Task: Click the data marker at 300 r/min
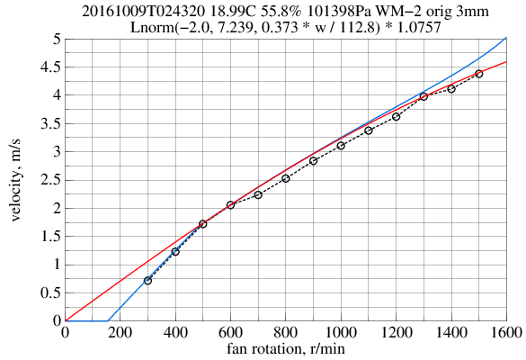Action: tap(147, 281)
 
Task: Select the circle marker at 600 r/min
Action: tap(230, 205)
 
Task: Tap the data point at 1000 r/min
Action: tap(341, 146)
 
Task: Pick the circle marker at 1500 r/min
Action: tap(478, 74)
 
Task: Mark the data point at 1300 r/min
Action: tap(423, 96)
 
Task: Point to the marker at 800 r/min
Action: tap(286, 178)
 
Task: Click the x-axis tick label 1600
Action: tap(506, 333)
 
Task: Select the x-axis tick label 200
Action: tap(120, 333)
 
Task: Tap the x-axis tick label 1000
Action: tap(341, 333)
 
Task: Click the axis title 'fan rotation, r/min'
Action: tap(286, 348)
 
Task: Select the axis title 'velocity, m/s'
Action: tap(17, 180)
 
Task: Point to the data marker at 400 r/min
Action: tap(175, 252)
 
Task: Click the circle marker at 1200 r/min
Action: tap(396, 117)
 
